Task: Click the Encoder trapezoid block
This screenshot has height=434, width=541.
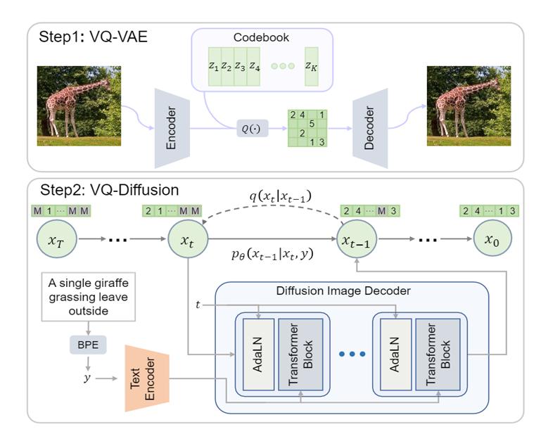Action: [170, 129]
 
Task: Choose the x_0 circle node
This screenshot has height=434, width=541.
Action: [492, 240]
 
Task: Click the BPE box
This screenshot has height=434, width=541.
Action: [88, 345]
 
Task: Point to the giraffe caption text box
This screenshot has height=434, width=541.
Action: [88, 297]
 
